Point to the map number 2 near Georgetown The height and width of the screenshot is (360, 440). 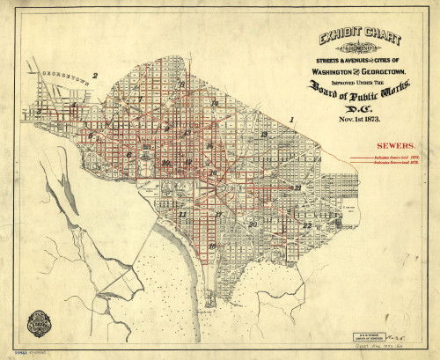coord(95,77)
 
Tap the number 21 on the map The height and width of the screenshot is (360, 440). coord(299,187)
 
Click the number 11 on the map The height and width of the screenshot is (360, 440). coord(182,214)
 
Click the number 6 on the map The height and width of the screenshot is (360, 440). coord(128,155)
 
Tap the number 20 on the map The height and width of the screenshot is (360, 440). coord(253,224)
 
